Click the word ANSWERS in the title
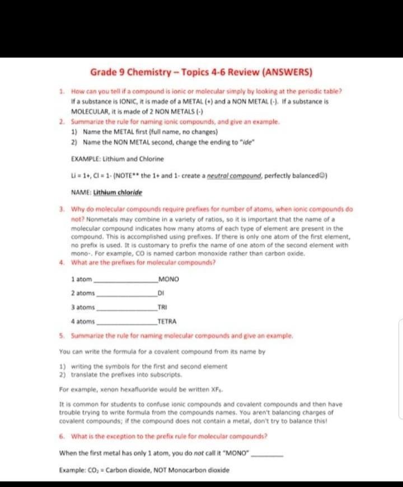click(285, 73)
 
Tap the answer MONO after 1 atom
click(168, 279)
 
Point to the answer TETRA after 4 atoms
click(167, 321)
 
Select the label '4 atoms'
click(83, 321)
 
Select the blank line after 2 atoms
click(128, 294)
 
